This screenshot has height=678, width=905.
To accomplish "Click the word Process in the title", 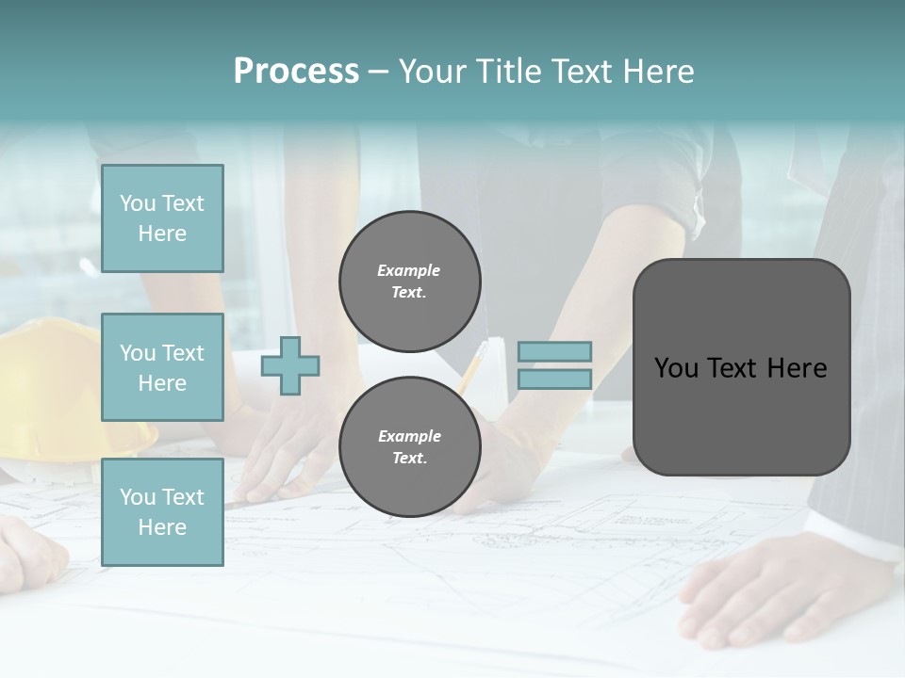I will (296, 72).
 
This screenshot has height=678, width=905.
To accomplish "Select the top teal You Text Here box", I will (162, 218).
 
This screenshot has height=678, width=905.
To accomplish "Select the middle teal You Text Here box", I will (162, 367).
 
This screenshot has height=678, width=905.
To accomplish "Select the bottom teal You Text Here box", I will (162, 511).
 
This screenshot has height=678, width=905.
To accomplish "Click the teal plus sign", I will (290, 365).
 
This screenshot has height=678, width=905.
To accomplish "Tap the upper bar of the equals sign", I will (554, 351).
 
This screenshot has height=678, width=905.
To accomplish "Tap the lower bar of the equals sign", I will (554, 379).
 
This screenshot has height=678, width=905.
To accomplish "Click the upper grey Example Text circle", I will (409, 281).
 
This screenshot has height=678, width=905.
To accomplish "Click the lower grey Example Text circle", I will (409, 446).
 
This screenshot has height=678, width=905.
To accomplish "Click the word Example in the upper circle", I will (408, 270).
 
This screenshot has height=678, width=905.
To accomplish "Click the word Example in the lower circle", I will (409, 436).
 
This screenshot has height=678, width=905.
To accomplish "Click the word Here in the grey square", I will (797, 368).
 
